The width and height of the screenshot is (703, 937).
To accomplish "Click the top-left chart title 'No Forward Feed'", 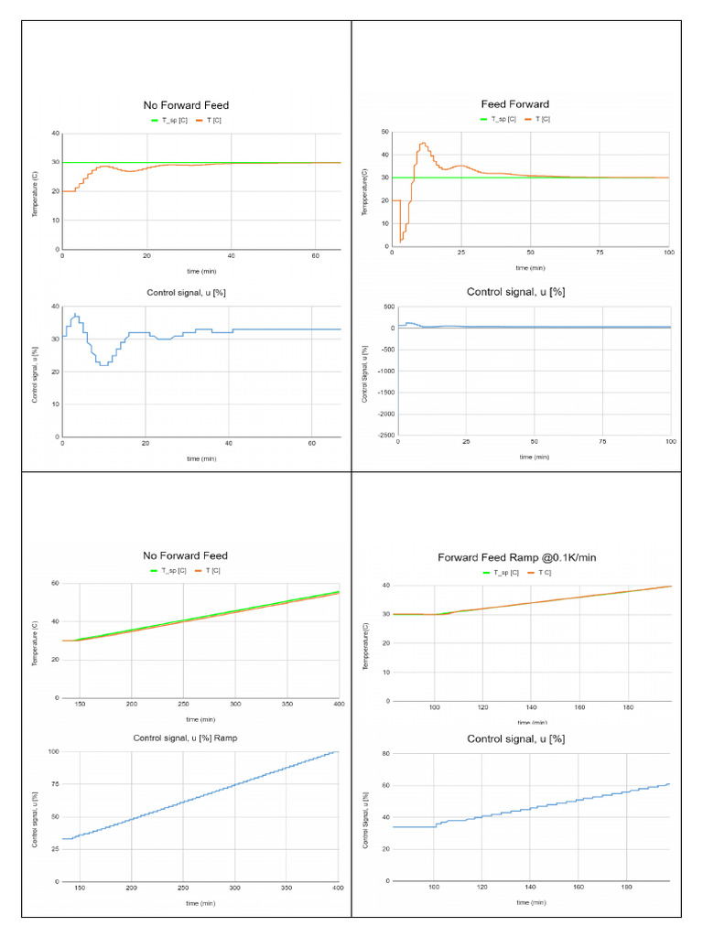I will (186, 104).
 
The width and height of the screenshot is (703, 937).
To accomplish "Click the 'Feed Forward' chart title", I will (515, 104).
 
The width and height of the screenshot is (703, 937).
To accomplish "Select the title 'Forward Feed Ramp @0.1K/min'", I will (518, 557).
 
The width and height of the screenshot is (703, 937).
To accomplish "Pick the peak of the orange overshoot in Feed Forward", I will (423, 143).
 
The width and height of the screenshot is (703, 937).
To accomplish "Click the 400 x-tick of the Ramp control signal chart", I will (338, 889).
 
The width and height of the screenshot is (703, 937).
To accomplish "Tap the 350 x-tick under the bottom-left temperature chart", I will (287, 704).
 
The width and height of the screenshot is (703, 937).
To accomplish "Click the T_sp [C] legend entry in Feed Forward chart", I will (499, 119).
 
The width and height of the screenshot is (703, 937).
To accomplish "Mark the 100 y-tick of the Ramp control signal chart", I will (53, 751).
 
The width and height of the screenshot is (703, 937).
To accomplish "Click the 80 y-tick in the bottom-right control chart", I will (386, 753).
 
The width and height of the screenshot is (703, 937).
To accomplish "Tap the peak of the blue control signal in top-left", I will (76, 315).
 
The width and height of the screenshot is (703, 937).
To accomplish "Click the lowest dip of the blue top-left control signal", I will (104, 365).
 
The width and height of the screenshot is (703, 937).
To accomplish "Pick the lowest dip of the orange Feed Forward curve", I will (401, 241).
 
